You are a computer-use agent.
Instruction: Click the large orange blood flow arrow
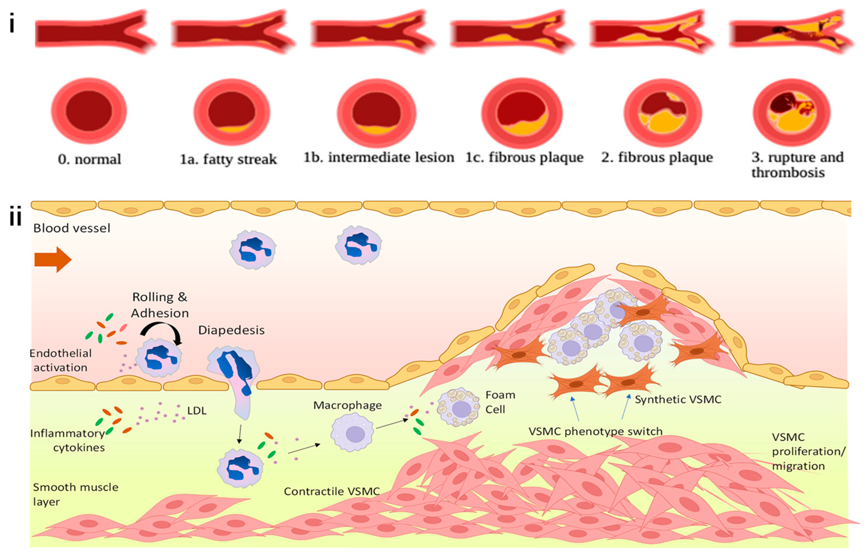point(53,259)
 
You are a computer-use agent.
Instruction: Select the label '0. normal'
point(90,159)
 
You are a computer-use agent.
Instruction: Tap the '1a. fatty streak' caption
point(228,159)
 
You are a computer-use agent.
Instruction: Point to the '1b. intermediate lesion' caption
point(378,158)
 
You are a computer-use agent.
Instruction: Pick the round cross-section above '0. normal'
point(89,111)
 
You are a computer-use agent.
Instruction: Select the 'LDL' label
point(197,411)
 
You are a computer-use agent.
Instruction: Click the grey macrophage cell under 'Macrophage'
point(352,433)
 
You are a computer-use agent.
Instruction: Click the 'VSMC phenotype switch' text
point(595,431)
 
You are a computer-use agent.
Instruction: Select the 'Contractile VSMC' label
point(332,491)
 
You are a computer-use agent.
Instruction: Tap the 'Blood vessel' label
point(72,228)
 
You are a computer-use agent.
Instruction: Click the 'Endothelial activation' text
point(61,360)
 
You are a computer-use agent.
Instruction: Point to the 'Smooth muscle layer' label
point(75,494)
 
